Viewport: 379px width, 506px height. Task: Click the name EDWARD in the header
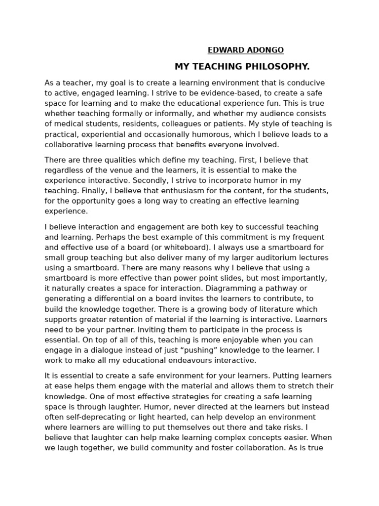click(x=225, y=50)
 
